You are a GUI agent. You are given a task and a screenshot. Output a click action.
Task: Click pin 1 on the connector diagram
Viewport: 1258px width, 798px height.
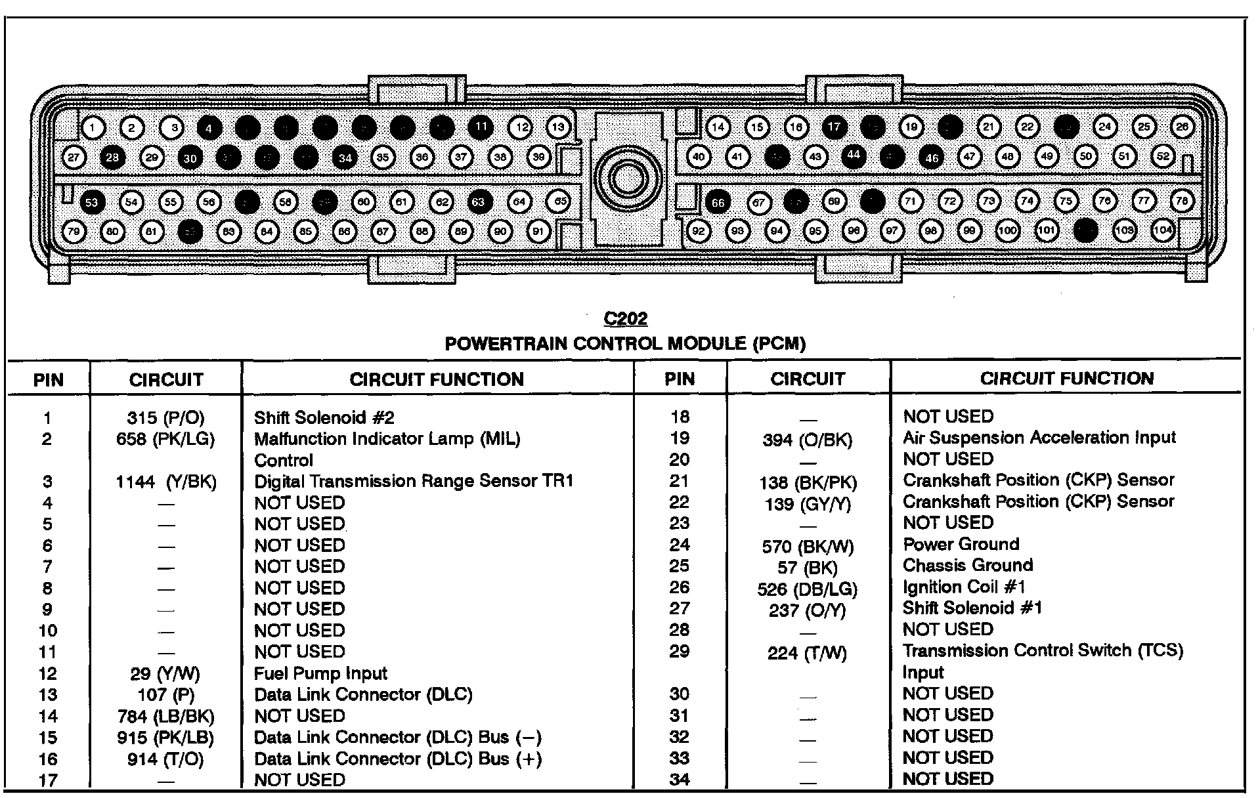pos(93,127)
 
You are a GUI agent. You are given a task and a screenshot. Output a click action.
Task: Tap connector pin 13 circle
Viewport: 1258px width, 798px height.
pos(558,127)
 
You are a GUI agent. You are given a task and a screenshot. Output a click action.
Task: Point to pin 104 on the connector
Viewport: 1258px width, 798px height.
pos(1163,230)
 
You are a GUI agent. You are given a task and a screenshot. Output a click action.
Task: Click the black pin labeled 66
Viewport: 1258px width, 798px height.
pos(718,202)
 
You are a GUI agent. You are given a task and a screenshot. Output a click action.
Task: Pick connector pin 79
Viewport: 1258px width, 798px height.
pos(74,231)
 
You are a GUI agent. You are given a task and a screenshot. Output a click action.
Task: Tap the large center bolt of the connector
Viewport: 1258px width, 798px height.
pos(627,179)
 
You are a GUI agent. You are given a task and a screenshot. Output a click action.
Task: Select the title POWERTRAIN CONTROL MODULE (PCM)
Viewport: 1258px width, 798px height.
pos(625,343)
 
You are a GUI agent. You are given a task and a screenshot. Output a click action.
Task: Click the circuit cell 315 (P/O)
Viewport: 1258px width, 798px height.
pos(165,418)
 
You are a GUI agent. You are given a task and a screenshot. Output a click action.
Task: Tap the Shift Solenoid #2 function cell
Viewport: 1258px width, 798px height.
pos(324,418)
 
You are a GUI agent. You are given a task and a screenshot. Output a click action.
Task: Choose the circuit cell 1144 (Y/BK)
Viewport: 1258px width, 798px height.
pos(165,482)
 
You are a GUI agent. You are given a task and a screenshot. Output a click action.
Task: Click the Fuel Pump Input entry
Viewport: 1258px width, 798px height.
pos(320,673)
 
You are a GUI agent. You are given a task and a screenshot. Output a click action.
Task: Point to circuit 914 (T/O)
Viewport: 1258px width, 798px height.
pos(165,759)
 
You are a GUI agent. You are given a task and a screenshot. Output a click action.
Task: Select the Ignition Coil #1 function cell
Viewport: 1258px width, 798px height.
pos(964,587)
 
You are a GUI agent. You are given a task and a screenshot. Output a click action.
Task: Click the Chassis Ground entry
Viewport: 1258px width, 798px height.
pos(968,566)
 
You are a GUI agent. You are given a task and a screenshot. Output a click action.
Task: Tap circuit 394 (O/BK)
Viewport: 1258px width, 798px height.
pos(808,440)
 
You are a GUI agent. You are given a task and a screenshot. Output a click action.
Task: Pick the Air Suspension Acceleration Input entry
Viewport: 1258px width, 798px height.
pos(1039,438)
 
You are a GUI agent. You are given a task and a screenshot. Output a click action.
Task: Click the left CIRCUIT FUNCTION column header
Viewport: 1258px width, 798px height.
pos(437,379)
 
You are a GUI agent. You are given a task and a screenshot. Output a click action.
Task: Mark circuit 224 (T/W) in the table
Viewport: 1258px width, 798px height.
pos(808,653)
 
